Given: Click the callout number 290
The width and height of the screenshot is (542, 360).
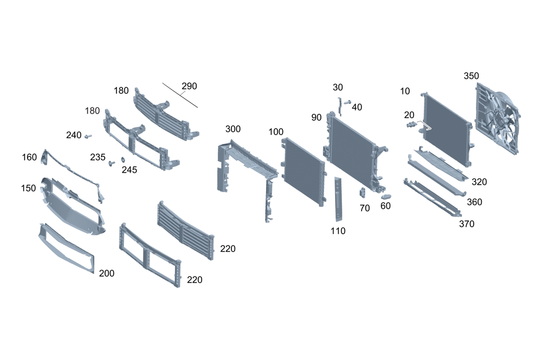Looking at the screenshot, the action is tap(189, 86).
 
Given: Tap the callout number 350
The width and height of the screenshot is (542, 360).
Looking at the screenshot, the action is tap(471, 76).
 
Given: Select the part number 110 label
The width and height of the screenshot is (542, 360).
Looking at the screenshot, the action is tap(338, 230).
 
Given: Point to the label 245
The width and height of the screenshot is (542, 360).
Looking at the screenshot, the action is tap(130, 170).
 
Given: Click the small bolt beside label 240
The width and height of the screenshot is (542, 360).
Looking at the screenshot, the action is tap(88, 136).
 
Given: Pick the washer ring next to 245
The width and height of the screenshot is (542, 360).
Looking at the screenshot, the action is tap(122, 160).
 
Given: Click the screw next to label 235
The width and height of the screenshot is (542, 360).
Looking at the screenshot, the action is tap(112, 163).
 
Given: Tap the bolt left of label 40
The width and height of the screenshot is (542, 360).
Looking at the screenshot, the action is tap(347, 102).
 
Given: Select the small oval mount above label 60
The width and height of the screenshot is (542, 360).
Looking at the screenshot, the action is tap(386, 197).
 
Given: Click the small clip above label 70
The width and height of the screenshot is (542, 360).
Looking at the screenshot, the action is tap(363, 192).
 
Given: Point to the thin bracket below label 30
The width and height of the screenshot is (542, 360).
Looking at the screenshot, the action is tap(340, 106).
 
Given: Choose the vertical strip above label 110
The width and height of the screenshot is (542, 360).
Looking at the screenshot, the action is tap(338, 199).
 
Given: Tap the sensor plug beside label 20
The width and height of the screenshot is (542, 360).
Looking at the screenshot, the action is tap(411, 125).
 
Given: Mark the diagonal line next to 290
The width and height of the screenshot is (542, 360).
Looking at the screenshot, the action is tap(180, 95).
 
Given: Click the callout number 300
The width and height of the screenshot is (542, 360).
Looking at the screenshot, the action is tap(233, 129).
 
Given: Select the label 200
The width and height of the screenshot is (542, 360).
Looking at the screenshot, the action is tap(106, 273).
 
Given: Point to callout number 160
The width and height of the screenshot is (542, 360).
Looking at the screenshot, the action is tap(29, 157).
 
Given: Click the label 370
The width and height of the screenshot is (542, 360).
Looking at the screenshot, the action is tap(467, 224).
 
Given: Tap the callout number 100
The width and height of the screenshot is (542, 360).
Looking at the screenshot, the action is tap(276, 132).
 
